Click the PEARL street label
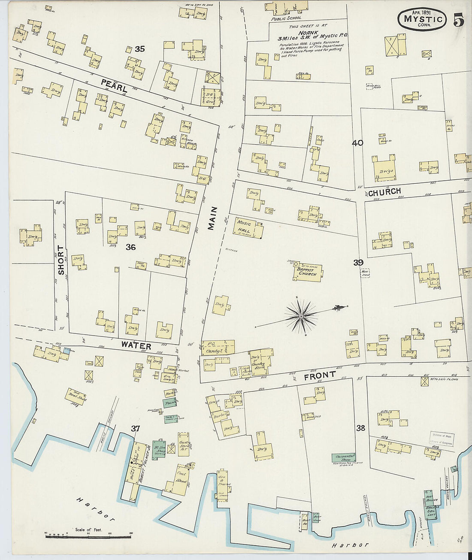tap(114, 85)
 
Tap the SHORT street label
tap(61, 260)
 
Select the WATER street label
tap(136, 345)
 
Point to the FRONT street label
tap(320, 376)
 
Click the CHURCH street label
tap(384, 191)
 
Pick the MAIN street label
tap(212, 218)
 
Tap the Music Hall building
tap(249, 228)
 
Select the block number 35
tap(139, 49)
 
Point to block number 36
tap(130, 247)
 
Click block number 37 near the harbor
tap(135, 428)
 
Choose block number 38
tap(360, 428)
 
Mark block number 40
tap(357, 143)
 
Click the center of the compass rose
tap(301, 317)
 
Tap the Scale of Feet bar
tap(88, 534)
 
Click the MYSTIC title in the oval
tap(423, 19)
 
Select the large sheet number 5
tap(458, 20)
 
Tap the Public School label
tap(286, 18)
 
